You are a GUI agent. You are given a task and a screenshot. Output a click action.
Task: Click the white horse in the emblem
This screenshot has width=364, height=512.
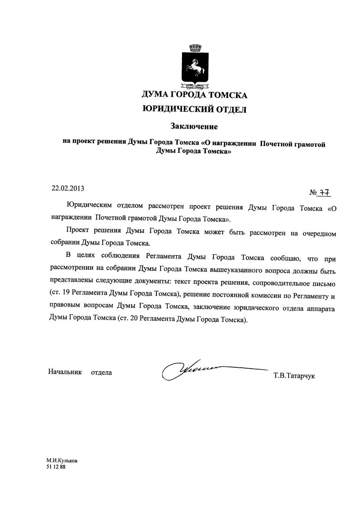(x=195, y=66)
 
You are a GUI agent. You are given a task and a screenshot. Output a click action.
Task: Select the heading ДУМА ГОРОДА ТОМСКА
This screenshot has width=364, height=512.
(x=194, y=95)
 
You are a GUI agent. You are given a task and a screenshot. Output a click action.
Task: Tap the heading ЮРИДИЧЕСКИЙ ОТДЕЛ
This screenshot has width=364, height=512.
(x=194, y=110)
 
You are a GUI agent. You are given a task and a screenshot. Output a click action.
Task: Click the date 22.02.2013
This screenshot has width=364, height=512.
(x=68, y=188)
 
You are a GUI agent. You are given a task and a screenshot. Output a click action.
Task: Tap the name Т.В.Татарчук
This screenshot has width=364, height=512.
(x=294, y=376)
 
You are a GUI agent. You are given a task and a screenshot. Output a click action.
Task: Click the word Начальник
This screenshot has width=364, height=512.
(x=65, y=372)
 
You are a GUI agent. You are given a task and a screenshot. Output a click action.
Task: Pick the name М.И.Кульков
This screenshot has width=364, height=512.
(x=63, y=461)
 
